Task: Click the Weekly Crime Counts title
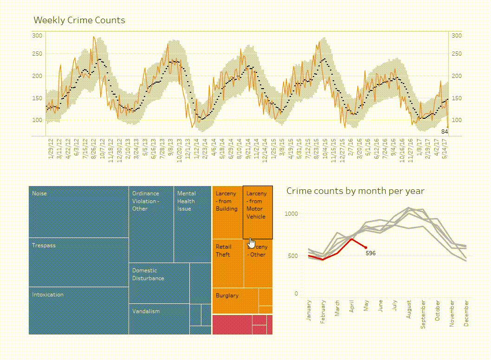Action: click(79, 20)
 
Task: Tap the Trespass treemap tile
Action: click(78, 262)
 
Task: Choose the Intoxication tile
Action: click(78, 310)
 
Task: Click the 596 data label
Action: click(370, 253)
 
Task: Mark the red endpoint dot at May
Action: click(366, 248)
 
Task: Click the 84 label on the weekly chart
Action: click(444, 132)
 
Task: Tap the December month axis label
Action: click(466, 313)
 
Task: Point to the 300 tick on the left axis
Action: click(37, 36)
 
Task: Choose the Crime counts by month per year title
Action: click(355, 191)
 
